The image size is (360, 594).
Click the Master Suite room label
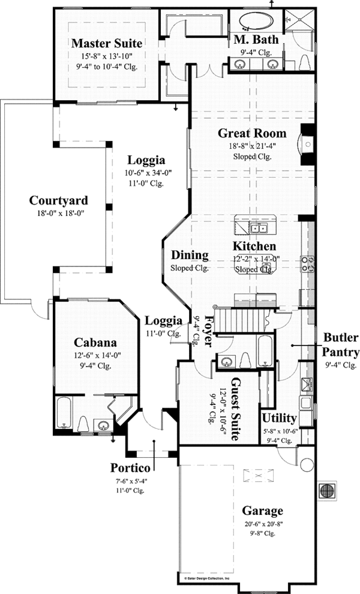106,43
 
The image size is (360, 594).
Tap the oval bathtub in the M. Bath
256,23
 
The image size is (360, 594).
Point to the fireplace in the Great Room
307,144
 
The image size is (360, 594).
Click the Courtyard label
59,200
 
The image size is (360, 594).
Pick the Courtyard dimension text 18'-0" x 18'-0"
59,213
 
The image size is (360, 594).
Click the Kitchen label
254,246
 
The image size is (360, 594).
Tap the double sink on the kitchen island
259,228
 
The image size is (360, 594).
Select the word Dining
190,255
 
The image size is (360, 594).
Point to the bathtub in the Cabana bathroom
64,413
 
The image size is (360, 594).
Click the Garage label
262,511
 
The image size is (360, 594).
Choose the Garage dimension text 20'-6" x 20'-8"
262,524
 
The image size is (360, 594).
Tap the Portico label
130,467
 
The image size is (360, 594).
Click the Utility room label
280,418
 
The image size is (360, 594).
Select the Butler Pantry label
341,344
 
